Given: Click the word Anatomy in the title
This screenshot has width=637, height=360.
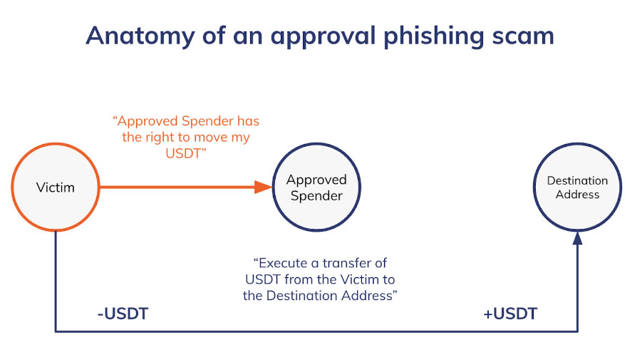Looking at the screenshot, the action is click(x=140, y=36).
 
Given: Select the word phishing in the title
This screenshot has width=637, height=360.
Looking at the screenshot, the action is click(x=434, y=36).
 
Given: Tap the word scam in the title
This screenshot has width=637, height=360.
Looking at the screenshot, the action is click(x=523, y=36).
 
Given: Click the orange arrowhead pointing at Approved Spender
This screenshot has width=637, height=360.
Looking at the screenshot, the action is click(x=263, y=187).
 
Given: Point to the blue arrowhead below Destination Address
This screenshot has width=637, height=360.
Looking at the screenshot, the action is click(x=577, y=237).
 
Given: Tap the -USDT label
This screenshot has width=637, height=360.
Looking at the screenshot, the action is click(x=123, y=314).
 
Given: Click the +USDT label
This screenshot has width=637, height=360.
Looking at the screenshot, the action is click(x=510, y=314).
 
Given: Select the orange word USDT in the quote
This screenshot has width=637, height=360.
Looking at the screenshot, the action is click(x=183, y=153).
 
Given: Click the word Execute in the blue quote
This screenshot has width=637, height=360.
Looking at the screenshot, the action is click(x=283, y=263).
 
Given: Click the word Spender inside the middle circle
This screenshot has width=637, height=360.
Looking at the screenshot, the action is click(x=316, y=196).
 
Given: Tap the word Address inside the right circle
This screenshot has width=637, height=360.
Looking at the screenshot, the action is click(x=577, y=195).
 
